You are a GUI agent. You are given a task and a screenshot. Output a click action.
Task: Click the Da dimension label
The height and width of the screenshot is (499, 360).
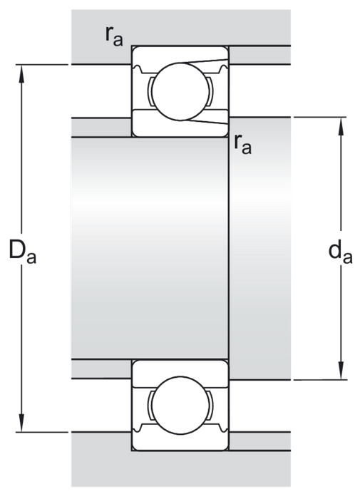pos(22,252)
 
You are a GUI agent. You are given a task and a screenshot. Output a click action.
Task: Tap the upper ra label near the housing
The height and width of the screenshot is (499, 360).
pos(114,36)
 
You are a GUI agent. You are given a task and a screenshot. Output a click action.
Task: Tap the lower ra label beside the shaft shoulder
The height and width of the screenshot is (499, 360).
pos(242,144)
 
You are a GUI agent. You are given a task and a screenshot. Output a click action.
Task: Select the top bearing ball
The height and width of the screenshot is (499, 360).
pos(180,91)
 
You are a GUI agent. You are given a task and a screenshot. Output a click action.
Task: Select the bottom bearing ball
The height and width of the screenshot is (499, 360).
pos(180,405)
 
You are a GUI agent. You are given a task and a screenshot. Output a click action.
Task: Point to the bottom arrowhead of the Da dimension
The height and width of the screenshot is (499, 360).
pos(21,423)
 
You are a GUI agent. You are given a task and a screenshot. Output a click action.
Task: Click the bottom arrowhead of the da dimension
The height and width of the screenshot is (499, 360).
pos(341,370)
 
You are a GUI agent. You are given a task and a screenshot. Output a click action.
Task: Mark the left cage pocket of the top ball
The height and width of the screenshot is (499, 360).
pos(150,91)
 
